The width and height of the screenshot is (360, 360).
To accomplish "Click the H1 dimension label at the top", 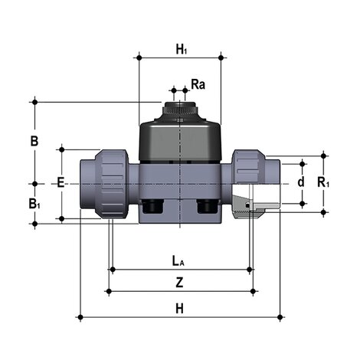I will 181,50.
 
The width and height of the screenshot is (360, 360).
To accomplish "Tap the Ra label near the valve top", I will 197,83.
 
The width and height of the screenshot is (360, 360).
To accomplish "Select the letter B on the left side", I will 34,141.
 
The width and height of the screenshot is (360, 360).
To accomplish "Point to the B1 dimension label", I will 34,203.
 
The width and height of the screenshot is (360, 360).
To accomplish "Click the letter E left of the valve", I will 60,183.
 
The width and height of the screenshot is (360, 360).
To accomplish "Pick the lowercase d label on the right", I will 300,183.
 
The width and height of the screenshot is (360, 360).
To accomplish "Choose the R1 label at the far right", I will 324,183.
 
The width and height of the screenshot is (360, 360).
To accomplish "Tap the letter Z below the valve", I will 179,282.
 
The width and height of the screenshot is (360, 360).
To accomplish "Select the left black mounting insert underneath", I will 150,207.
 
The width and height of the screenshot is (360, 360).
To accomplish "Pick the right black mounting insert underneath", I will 208,207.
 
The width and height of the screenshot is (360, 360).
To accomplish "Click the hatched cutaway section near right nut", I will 247,205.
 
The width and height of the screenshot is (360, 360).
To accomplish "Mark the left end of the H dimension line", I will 80,316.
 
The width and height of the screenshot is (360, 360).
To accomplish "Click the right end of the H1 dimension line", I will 221,57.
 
